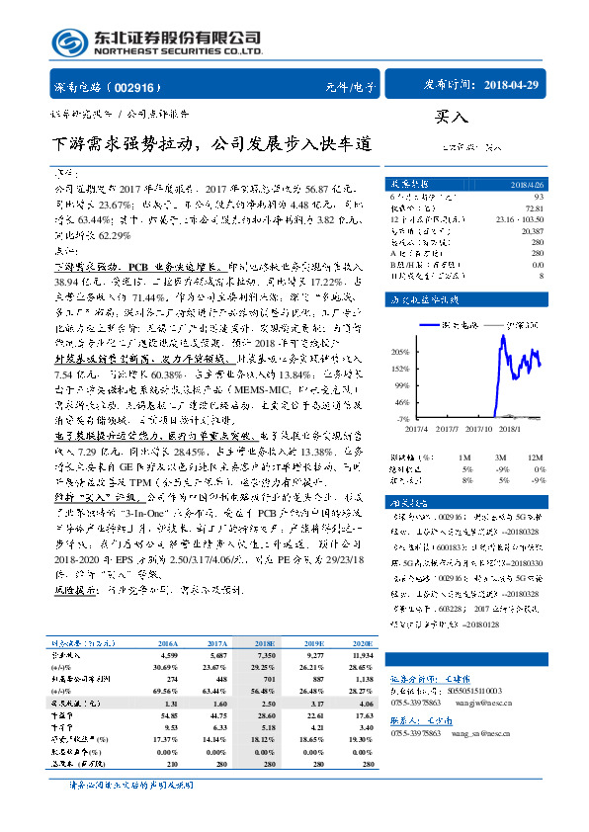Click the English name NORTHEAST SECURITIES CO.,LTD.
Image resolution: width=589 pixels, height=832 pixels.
tap(178, 49)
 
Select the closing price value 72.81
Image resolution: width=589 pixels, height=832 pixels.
tap(534, 208)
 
